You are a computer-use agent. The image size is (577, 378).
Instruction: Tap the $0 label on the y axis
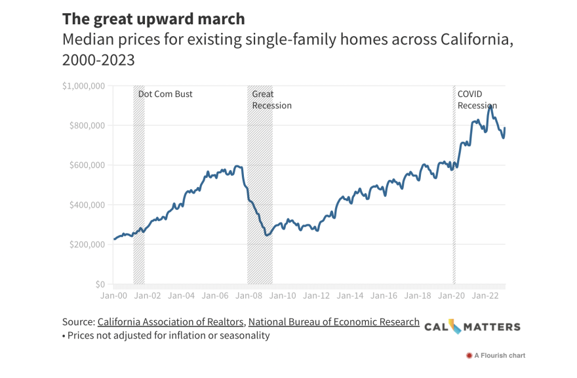tap(100, 284)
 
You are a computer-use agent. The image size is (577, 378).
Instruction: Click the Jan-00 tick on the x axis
tap(114, 296)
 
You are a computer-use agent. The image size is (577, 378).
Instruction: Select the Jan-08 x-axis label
tap(249, 296)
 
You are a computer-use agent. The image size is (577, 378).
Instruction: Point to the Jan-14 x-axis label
tap(350, 296)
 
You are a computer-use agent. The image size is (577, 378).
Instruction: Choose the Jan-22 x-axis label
tap(485, 296)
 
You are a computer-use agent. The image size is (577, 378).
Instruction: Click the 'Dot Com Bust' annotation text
tap(165, 94)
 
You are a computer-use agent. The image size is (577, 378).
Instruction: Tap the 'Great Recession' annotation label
tap(271, 100)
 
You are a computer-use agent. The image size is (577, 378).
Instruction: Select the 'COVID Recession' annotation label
tap(477, 100)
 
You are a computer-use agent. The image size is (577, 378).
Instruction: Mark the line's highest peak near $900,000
tap(490, 106)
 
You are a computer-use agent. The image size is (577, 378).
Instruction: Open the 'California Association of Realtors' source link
tap(171, 322)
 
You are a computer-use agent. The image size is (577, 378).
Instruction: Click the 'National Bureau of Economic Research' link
tap(334, 322)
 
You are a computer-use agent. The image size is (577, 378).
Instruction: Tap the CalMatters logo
tap(472, 327)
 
